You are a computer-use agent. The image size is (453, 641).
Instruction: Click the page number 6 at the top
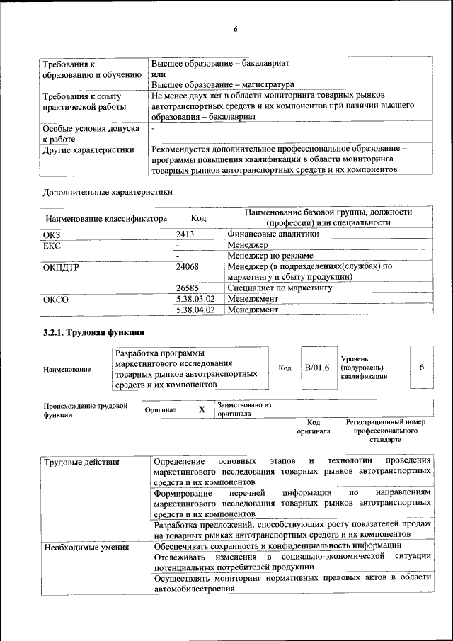(236, 29)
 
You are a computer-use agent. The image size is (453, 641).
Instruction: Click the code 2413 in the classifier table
(185, 233)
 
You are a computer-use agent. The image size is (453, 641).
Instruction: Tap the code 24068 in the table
(187, 267)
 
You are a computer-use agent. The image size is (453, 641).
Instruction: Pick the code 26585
(187, 288)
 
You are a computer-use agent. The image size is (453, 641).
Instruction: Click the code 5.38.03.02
(195, 299)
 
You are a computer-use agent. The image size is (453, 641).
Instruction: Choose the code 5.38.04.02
(195, 310)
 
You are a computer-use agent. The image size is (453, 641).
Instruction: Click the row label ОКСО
(56, 299)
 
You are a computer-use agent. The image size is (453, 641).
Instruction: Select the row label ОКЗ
(53, 233)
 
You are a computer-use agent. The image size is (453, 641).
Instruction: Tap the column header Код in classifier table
(198, 218)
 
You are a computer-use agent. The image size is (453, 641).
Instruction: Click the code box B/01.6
(317, 368)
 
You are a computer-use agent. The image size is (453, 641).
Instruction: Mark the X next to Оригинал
(202, 409)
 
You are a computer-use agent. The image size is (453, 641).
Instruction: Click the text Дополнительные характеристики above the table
(107, 191)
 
